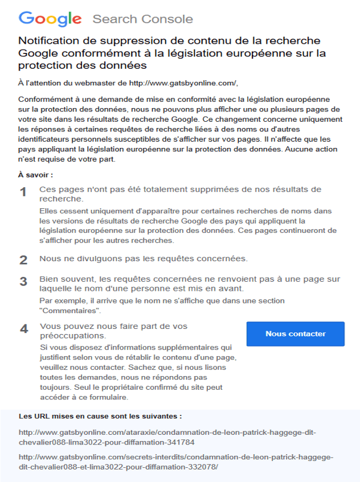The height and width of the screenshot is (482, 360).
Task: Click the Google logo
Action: click(50, 19)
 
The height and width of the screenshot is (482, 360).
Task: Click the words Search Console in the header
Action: click(142, 19)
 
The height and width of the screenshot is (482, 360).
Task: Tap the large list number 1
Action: click(23, 192)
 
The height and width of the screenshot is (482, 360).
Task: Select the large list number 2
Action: click(23, 260)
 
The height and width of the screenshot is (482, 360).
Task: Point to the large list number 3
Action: click(23, 282)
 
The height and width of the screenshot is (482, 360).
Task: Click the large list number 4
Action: click(23, 329)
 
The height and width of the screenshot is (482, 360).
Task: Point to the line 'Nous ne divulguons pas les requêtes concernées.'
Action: click(144, 259)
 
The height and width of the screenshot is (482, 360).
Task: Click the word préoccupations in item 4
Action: click(68, 336)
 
